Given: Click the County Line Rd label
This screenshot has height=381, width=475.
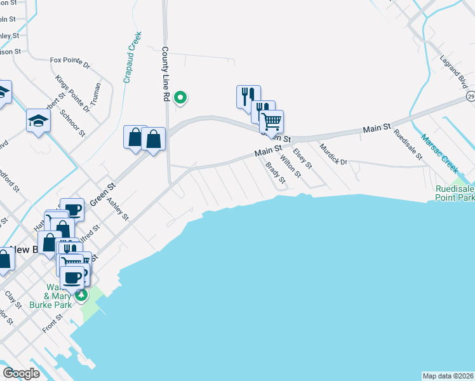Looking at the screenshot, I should coord(164,74).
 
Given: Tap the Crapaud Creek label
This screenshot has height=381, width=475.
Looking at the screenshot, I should coord(132,58).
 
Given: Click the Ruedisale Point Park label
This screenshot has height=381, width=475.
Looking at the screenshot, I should coord(455,194).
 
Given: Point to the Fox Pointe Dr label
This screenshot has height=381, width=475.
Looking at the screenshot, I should coord(70,62).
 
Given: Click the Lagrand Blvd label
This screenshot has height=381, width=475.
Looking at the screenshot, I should coord(453,71).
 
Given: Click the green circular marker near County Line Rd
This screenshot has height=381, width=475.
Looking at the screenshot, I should coord(180,97).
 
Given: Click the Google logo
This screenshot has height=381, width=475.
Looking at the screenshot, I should coord(21,373).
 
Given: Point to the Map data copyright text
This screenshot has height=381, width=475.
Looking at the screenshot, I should coord(448,376).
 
